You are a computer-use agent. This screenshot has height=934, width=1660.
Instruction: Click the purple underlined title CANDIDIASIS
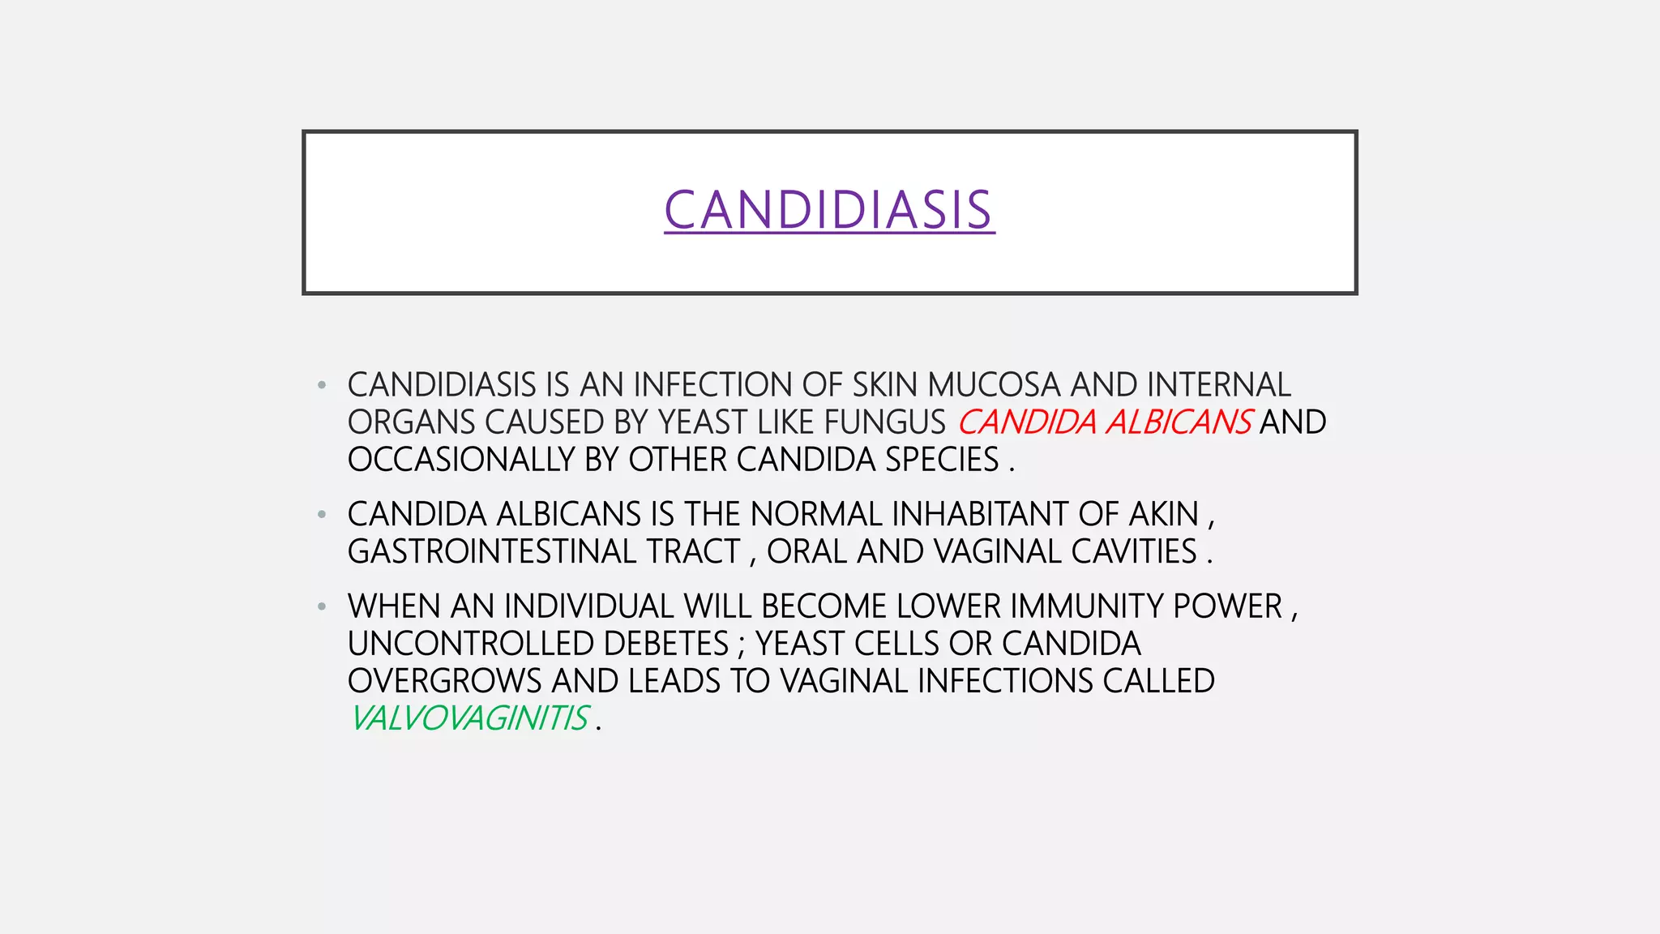829,210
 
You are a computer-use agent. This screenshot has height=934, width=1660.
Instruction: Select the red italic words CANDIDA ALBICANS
1105,422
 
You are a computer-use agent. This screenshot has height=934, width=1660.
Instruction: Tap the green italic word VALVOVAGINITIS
469,719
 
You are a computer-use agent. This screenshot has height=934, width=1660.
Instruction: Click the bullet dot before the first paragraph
322,385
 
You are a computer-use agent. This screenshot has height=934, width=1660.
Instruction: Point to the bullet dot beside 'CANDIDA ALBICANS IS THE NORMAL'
322,515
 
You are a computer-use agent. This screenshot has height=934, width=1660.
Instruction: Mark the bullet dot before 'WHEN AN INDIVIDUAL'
322,606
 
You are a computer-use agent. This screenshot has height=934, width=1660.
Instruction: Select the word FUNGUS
885,422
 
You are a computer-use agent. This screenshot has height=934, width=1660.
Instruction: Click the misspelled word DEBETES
666,644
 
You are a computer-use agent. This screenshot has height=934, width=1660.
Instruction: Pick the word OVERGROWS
444,681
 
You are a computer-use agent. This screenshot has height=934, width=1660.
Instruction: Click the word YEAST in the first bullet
703,422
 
